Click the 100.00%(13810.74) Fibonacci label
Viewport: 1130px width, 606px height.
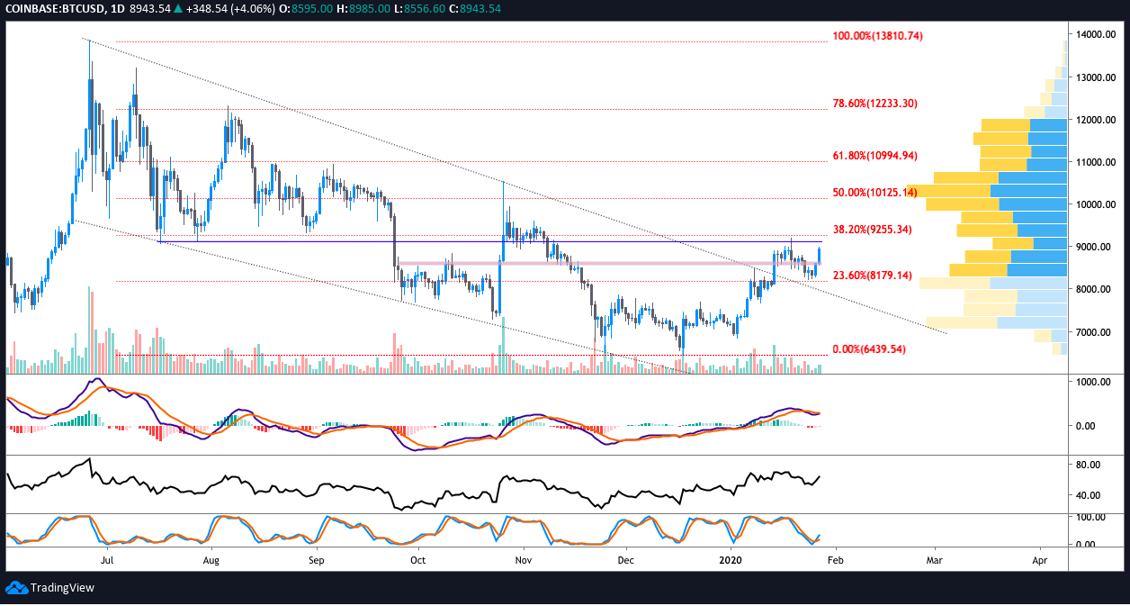click(877, 36)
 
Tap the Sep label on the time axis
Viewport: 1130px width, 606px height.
click(316, 559)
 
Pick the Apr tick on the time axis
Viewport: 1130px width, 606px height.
click(1040, 559)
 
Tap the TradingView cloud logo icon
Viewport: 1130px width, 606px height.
click(15, 588)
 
